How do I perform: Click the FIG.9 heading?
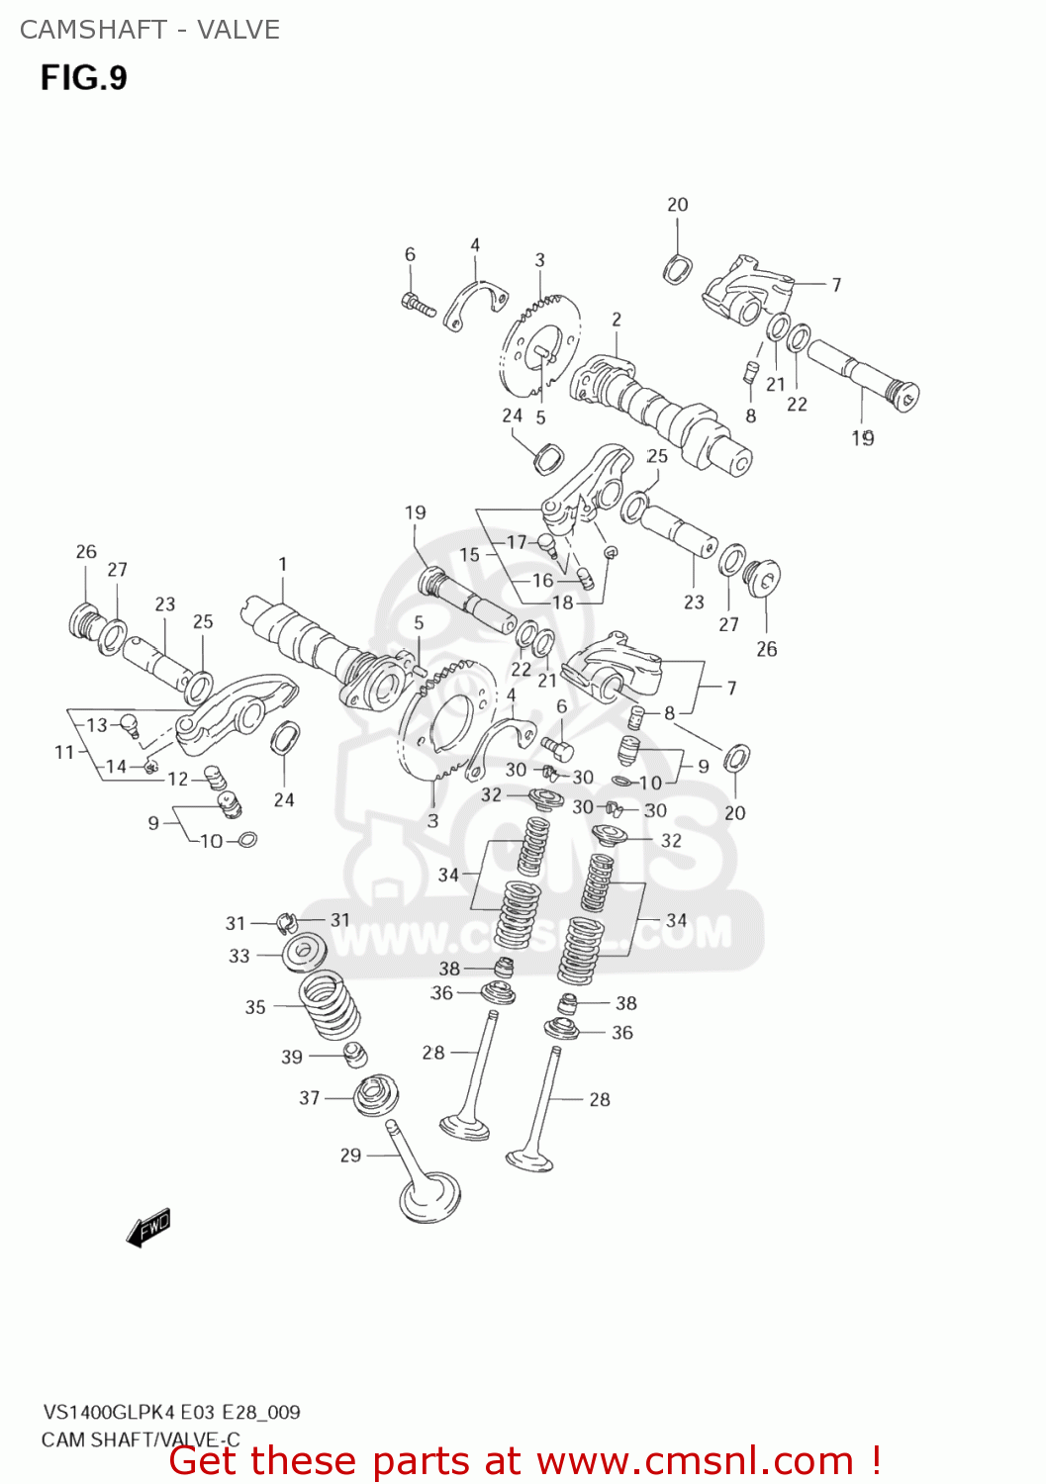(84, 77)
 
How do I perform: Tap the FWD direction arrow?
(149, 1227)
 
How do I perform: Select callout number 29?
(350, 1155)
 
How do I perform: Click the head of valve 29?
(429, 1198)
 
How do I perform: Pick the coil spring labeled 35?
(330, 1004)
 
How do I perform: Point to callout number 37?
(310, 1097)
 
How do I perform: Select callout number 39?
(292, 1057)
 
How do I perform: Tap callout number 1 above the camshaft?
(283, 564)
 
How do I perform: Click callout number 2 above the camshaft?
(617, 320)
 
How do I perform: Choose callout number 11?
(64, 752)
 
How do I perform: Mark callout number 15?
(469, 555)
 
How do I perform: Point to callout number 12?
(178, 779)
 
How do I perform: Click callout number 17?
(517, 542)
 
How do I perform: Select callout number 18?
(562, 603)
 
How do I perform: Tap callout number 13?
(97, 724)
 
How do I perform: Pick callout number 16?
(542, 581)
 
